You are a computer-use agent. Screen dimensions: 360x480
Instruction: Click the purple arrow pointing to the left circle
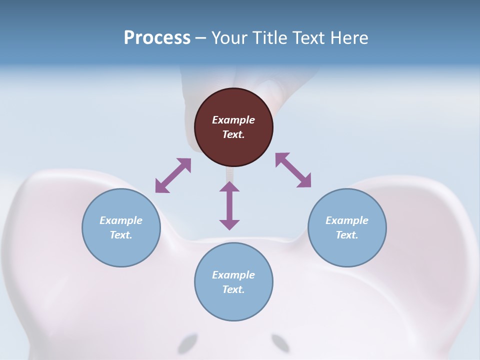(173, 175)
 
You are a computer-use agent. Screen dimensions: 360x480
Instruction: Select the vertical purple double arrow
(229, 205)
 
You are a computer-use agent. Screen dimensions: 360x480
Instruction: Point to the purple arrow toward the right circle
(293, 170)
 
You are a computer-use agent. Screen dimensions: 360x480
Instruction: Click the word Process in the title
(157, 37)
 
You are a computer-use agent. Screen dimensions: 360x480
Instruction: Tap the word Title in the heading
(270, 37)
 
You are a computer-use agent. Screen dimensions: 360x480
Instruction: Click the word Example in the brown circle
(233, 120)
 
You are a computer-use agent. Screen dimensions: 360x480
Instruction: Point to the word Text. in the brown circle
(233, 134)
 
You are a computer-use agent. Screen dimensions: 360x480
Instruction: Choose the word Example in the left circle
(121, 220)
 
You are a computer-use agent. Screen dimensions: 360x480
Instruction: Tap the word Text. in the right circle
(347, 235)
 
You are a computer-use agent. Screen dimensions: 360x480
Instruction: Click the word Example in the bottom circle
(233, 275)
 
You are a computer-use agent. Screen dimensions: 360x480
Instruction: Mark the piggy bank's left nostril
(187, 344)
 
